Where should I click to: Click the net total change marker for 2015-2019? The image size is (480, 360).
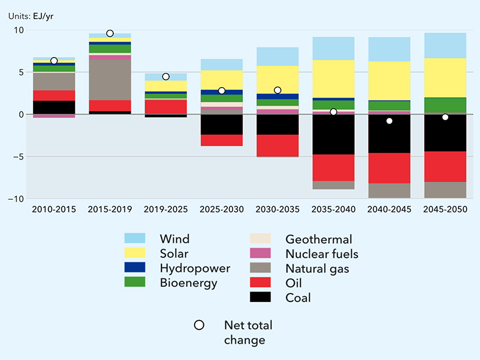tap(110, 34)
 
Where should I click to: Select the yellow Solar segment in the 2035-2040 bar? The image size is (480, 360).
tap(333, 78)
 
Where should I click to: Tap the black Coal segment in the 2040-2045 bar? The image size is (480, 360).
tap(389, 134)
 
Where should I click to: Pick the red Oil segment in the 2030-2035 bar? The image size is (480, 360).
tap(277, 146)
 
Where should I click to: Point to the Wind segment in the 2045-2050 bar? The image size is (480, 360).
tap(445, 45)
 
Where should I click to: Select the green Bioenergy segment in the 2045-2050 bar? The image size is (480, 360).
tap(445, 105)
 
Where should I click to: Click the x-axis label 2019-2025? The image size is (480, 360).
tap(166, 209)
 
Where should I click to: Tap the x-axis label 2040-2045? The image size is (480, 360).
tap(389, 209)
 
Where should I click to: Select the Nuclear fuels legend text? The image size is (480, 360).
tap(322, 254)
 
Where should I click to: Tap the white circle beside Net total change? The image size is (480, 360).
tap(199, 325)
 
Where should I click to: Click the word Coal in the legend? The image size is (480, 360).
tap(298, 298)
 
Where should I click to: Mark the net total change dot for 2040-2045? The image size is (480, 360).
tap(389, 121)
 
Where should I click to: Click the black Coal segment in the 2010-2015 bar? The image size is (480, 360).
tap(54, 107)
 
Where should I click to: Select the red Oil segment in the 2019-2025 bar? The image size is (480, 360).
tap(166, 107)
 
